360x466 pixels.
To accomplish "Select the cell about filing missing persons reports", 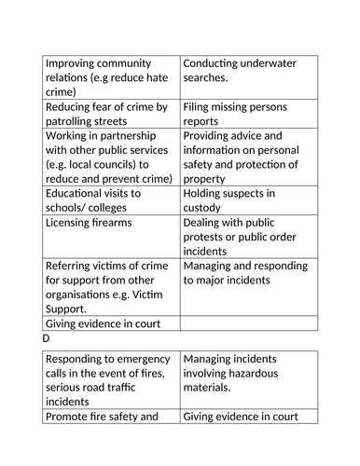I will [x=248, y=114].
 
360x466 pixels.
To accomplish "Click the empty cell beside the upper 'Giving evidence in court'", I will [x=248, y=324].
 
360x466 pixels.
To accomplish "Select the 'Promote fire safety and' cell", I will [x=110, y=417].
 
